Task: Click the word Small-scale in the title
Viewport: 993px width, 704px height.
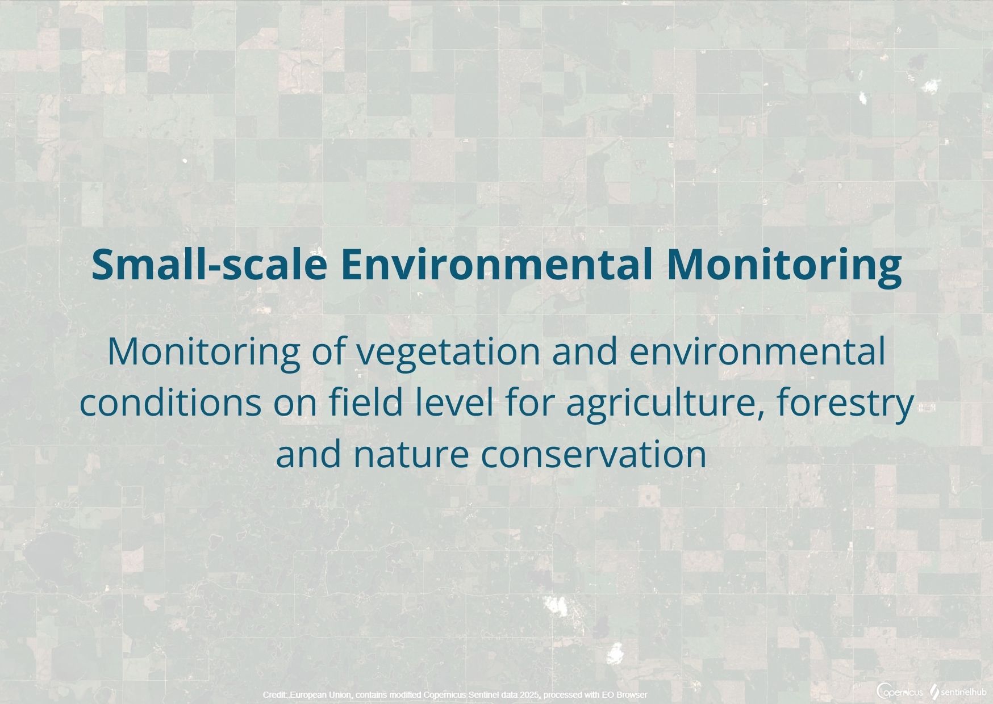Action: click(210, 264)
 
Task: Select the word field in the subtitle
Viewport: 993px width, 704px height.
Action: click(356, 402)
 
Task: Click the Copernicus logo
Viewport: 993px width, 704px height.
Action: click(900, 692)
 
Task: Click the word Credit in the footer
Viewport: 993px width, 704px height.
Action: click(275, 695)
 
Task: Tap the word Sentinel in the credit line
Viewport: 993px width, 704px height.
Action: click(475, 695)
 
